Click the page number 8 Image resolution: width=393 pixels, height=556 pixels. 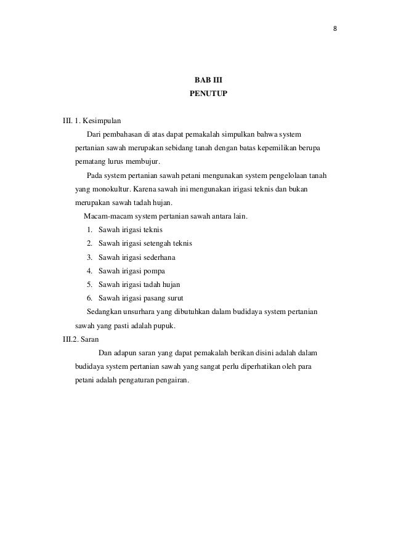(336, 28)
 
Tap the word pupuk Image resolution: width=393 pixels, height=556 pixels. (164, 326)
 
